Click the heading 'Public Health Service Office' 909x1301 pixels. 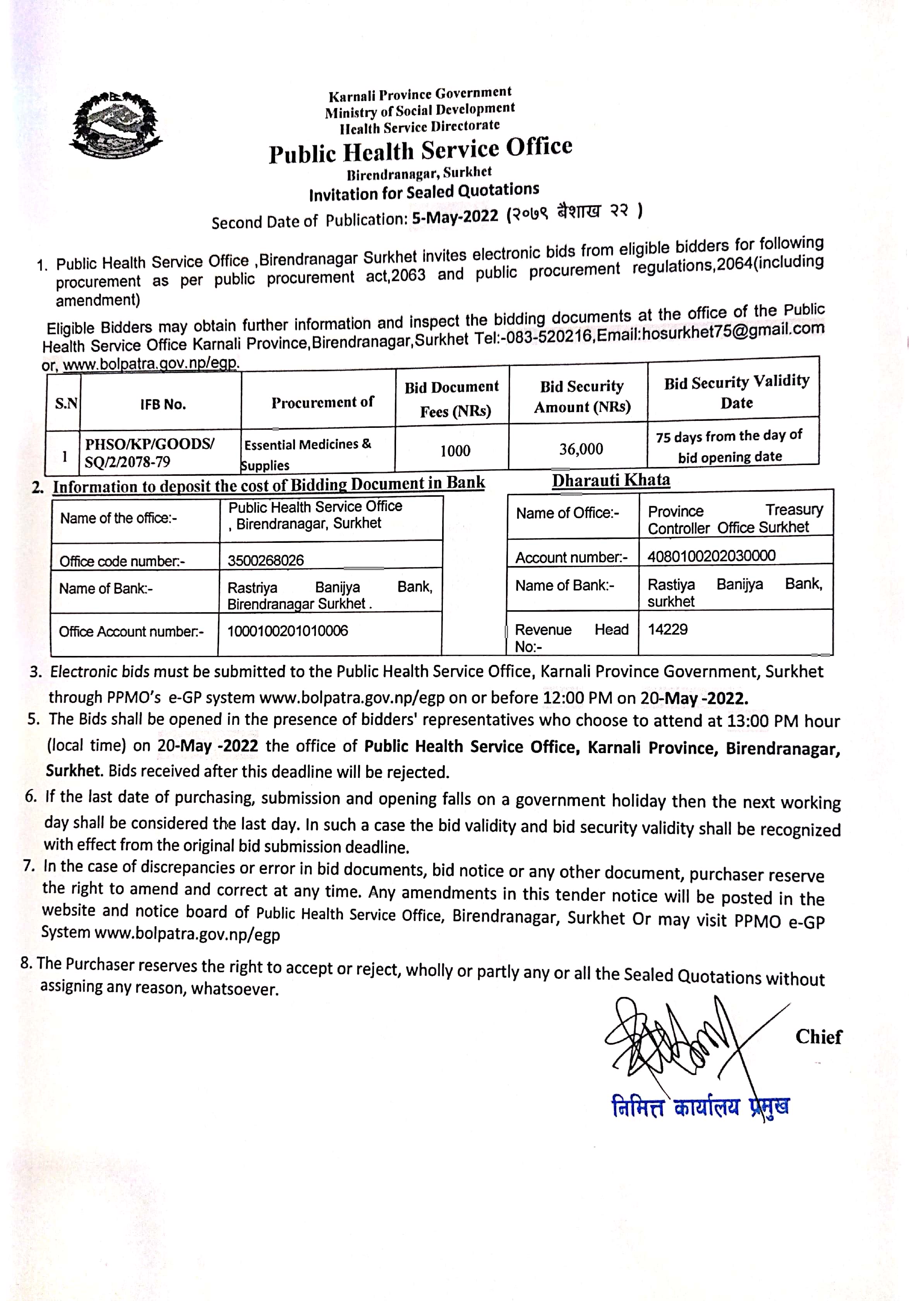pos(420,151)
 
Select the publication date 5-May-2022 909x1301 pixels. pos(454,217)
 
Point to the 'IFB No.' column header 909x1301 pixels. pos(163,404)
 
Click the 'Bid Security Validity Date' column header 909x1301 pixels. pos(736,391)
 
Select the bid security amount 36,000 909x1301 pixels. pos(581,449)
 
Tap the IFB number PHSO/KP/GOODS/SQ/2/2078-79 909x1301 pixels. pos(149,453)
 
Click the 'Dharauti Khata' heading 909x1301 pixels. pos(611,481)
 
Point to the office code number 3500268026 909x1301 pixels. pos(265,560)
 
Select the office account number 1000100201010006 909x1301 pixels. pos(287,631)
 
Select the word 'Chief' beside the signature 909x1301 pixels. pos(818,1037)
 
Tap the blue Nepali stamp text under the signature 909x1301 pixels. pos(700,1106)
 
